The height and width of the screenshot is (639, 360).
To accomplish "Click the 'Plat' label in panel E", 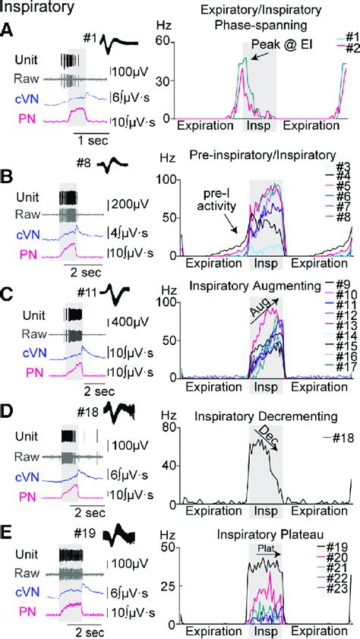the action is pos(264,549).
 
